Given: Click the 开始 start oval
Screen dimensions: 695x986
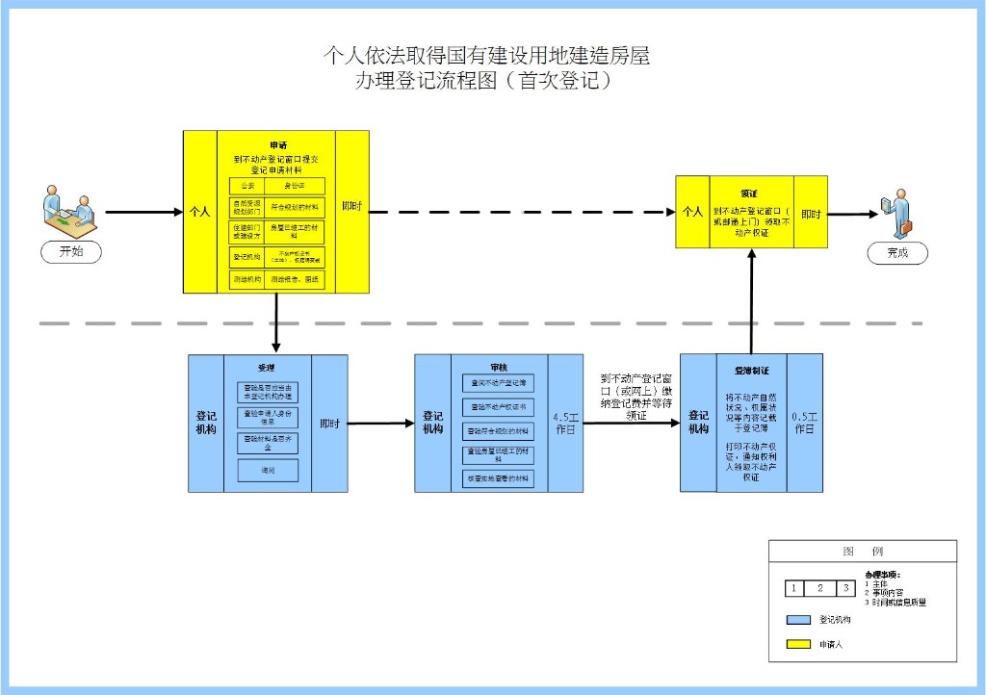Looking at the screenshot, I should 71,252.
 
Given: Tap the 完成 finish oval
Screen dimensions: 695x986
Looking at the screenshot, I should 897,253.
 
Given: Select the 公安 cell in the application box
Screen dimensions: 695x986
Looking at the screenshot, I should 247,186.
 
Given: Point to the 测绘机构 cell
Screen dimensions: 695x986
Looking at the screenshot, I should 247,279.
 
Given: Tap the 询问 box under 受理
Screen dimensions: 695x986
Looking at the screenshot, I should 268,471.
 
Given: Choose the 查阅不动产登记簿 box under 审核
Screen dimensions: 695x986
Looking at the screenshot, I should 498,383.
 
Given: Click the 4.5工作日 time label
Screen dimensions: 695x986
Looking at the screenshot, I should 565,424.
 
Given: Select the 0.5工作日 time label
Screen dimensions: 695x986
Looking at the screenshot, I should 804,424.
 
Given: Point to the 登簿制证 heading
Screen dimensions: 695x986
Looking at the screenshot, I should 751,370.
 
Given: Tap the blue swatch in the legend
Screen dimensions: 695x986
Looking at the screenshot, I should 798,620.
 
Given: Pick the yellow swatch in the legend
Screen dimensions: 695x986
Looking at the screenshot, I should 798,644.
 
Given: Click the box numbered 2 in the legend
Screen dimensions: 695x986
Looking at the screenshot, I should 819,588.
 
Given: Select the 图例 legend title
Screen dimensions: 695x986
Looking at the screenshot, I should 862,552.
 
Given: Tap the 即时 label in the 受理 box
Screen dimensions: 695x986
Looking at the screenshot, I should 329,424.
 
